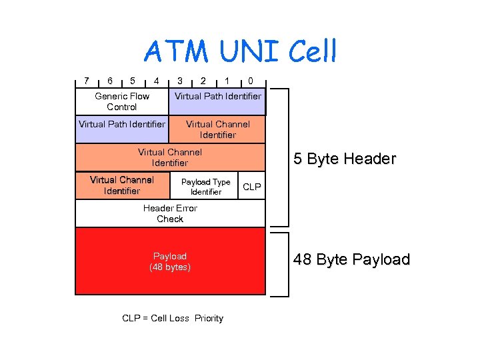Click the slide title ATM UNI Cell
click(241, 51)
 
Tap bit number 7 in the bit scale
click(86, 81)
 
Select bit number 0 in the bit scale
click(250, 81)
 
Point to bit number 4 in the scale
click(156, 81)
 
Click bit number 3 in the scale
click(180, 81)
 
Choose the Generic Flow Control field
click(122, 101)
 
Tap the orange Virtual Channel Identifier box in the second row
click(217, 129)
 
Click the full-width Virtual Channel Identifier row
click(170, 157)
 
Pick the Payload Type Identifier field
click(205, 186)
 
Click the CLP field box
click(252, 186)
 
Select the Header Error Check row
click(170, 213)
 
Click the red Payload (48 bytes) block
click(170, 261)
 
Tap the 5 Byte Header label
click(345, 159)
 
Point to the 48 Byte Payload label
click(351, 259)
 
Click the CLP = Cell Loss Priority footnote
click(173, 318)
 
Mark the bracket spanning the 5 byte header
click(287, 157)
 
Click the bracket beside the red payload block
click(287, 263)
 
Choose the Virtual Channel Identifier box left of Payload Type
click(122, 186)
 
